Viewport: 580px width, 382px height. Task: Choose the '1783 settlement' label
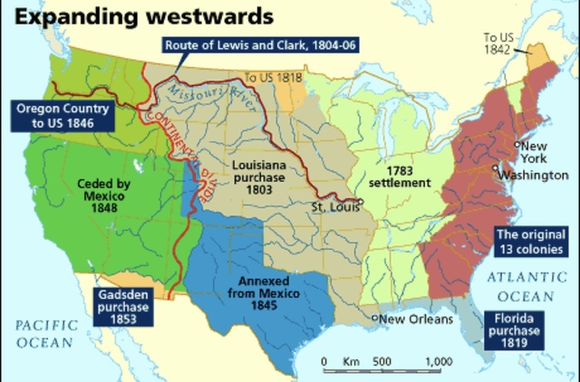pos(405,176)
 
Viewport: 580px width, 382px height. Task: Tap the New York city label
pos(533,152)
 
